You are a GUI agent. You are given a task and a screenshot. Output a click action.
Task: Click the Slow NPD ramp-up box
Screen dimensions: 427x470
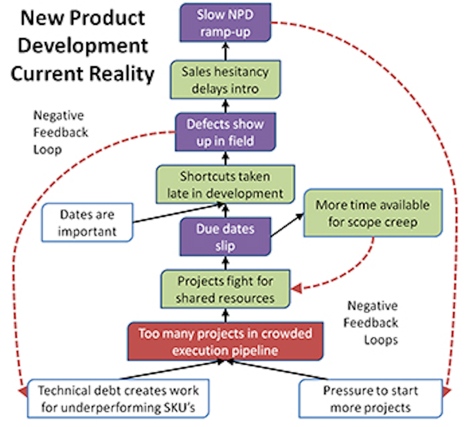(225, 23)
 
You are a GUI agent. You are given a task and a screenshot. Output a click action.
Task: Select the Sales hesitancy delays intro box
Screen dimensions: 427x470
(225, 80)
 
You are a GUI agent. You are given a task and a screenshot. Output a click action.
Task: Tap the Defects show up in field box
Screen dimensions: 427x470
(225, 132)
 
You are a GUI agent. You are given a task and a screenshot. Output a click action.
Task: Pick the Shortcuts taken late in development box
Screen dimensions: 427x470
(225, 185)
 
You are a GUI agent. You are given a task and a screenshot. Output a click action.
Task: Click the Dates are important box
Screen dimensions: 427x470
(87, 223)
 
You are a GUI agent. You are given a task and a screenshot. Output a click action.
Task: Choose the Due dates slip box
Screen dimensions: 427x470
(225, 237)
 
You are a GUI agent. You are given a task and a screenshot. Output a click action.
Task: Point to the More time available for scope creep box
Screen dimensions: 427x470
(373, 213)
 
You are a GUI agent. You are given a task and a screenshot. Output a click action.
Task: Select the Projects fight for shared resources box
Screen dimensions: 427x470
(225, 289)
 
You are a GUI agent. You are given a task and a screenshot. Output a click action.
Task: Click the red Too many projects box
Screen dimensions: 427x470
(225, 341)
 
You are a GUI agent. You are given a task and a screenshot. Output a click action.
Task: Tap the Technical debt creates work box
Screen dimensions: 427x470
(118, 399)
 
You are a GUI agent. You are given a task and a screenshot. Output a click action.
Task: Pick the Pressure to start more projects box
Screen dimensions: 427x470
(370, 399)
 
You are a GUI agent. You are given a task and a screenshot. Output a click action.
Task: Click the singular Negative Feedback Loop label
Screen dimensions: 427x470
(60, 133)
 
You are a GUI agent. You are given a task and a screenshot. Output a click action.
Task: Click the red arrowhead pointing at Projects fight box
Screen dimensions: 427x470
(296, 289)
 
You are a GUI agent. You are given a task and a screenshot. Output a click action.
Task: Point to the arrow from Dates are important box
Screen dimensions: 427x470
(176, 213)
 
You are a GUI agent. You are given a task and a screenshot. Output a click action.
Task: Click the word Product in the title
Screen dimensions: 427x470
(108, 18)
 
